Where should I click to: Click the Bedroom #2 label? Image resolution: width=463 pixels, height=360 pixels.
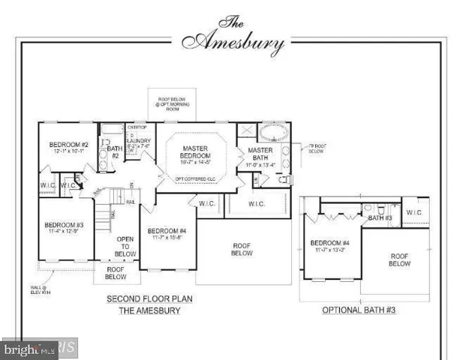(69, 144)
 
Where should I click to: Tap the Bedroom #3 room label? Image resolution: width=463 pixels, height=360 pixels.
(63, 225)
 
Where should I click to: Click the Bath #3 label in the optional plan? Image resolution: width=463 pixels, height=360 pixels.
(380, 217)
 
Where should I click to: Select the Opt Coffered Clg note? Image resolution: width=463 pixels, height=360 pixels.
(199, 178)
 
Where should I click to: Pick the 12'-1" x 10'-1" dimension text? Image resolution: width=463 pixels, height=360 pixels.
(69, 151)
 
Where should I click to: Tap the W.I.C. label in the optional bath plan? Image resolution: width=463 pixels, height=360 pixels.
(415, 212)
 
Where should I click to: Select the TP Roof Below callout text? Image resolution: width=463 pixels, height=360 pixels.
(315, 148)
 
